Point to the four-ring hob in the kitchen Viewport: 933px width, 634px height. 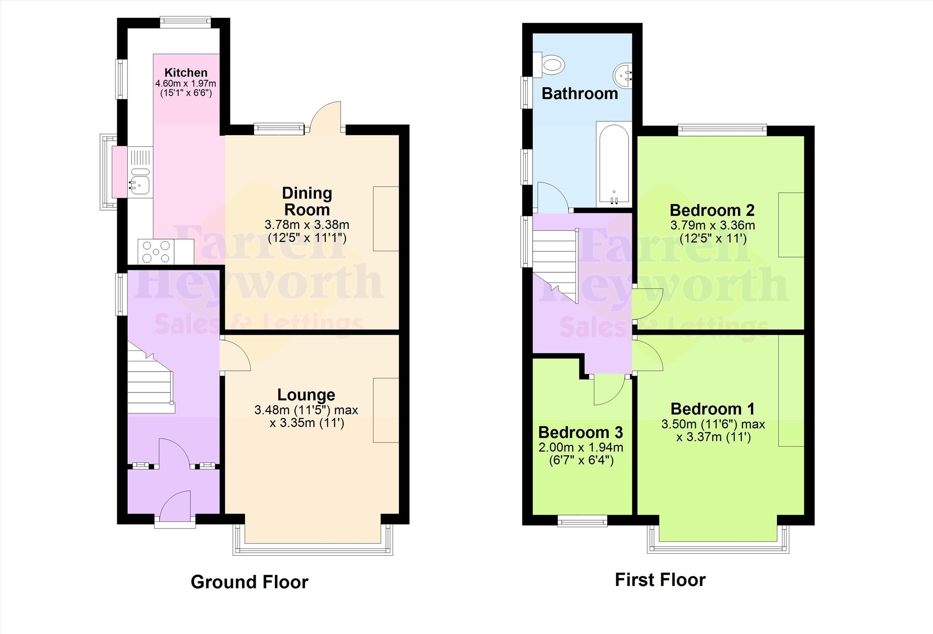(156, 252)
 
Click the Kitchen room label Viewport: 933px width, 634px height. (186, 72)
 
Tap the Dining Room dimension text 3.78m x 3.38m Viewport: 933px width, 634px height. (307, 225)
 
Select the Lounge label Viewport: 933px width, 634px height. (306, 394)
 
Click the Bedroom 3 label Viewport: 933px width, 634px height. (580, 432)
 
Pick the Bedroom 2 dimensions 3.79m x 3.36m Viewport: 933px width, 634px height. (713, 226)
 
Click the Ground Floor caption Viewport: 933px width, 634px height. (249, 582)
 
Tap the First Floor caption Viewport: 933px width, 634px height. (660, 580)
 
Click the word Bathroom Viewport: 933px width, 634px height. (579, 94)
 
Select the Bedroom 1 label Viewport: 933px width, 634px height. (713, 409)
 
